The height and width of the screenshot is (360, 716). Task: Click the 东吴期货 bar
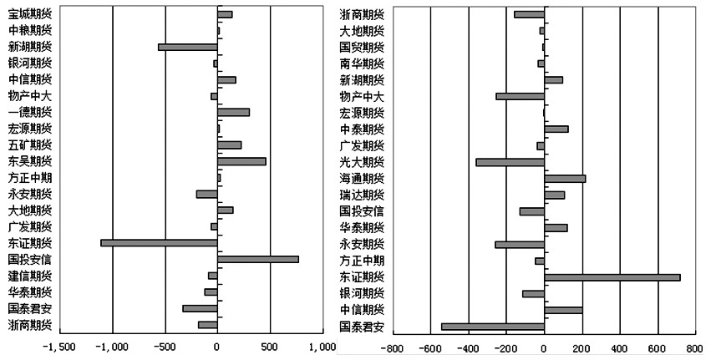241,161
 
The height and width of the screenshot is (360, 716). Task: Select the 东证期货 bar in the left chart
159,243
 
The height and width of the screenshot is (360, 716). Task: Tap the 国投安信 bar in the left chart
258,259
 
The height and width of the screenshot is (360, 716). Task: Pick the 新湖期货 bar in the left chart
187,47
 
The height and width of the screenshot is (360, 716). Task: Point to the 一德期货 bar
233,112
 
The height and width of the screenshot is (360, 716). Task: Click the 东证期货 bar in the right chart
612,276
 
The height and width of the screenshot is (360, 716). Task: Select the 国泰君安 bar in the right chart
493,326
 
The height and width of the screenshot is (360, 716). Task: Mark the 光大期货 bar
510,162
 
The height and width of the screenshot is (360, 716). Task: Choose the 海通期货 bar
565,178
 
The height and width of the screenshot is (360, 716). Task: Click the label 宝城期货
29,14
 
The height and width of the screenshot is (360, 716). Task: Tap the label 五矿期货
29,145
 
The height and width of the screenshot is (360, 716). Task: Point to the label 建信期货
29,276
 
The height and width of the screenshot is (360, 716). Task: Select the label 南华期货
362,63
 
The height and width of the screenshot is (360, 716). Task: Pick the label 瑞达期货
362,195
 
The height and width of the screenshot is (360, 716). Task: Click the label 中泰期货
362,129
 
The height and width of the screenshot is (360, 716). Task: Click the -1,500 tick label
60,346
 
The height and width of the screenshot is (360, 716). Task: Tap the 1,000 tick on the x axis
322,346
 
